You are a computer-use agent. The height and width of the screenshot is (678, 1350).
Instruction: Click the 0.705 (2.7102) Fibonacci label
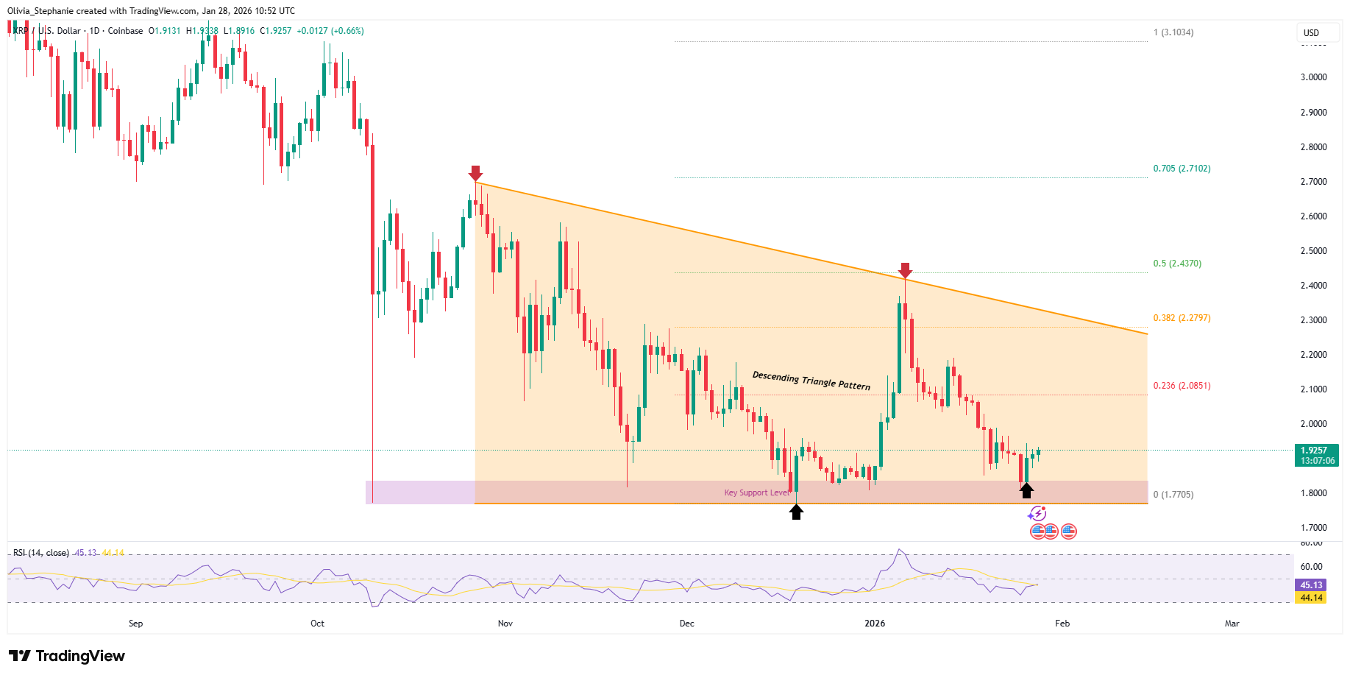[x=1182, y=169]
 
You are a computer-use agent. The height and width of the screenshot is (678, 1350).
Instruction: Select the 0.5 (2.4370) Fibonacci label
[x=1177, y=264]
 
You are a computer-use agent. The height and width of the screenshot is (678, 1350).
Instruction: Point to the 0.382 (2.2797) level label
[x=1182, y=318]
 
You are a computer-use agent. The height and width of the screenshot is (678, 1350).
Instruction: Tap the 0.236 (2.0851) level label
[x=1182, y=386]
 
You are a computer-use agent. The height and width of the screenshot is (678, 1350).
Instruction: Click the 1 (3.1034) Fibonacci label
[x=1173, y=32]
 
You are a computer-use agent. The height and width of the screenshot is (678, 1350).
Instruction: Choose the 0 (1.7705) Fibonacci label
[x=1173, y=495]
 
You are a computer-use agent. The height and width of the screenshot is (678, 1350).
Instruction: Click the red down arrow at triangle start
[x=475, y=173]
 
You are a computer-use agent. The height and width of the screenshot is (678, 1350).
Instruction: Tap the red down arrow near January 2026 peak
[x=905, y=270]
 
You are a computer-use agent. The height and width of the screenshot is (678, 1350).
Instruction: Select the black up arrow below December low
[x=796, y=512]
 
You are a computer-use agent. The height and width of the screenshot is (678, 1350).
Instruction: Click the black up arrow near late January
[x=1026, y=490]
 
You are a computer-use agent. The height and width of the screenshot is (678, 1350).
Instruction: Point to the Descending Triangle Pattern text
[x=811, y=380]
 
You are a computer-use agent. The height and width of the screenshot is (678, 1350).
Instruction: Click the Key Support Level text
[x=757, y=492]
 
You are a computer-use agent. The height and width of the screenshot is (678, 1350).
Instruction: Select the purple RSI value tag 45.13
[x=1310, y=585]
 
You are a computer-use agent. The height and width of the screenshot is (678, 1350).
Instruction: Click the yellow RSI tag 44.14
[x=1310, y=598]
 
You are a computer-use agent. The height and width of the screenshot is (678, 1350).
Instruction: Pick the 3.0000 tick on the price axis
[x=1313, y=77]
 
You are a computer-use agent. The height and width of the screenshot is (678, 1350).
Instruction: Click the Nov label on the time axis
[x=505, y=624]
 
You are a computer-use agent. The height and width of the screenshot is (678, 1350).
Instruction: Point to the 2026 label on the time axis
[x=875, y=624]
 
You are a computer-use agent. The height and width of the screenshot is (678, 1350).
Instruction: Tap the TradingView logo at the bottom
[x=67, y=656]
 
